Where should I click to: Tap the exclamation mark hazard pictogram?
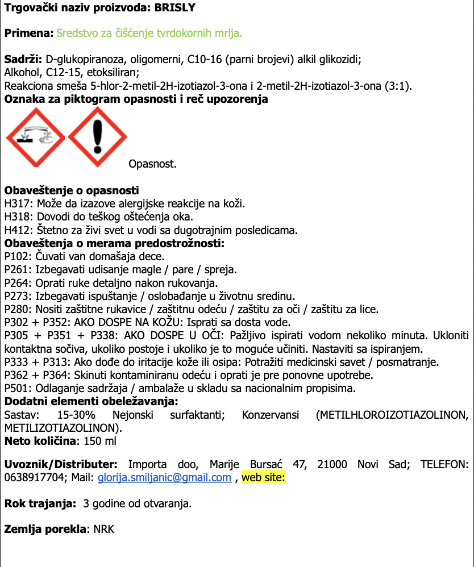(98, 137)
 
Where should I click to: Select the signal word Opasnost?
(152, 164)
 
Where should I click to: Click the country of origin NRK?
(104, 530)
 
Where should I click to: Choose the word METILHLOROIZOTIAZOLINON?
(390, 415)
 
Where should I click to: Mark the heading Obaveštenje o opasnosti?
(71, 190)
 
